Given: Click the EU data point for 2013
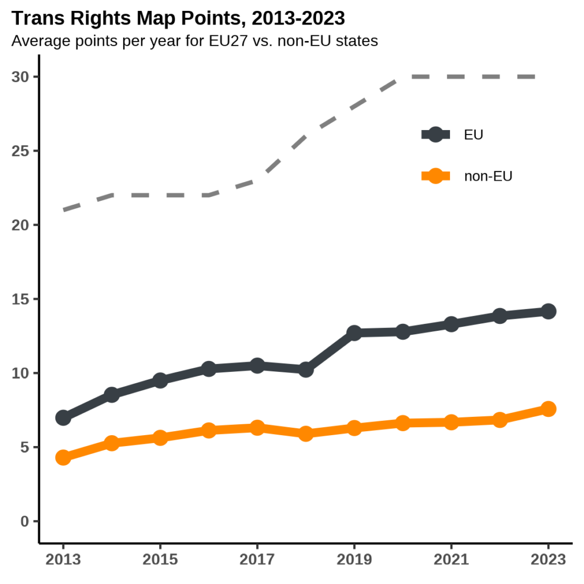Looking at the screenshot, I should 63,417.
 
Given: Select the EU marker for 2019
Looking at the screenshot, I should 354,333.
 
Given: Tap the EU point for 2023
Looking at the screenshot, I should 549,311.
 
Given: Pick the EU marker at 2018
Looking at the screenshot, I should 306,370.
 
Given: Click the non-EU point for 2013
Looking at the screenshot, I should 63,457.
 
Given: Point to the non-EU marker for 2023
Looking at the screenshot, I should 549,409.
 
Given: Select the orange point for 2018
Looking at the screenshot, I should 306,433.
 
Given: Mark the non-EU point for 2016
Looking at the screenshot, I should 209,430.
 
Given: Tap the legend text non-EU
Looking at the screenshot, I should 488,176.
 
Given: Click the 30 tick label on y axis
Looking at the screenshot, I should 21,77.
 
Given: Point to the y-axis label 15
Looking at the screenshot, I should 21,299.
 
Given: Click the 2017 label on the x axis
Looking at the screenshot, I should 257,559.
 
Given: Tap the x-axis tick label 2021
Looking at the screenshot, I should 451,559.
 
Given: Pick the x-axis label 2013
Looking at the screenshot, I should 63,559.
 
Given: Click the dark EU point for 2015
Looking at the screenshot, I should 160,380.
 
